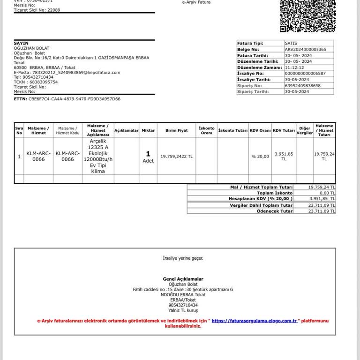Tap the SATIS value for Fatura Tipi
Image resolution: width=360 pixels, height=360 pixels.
291,43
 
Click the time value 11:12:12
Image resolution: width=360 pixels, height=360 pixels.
294,67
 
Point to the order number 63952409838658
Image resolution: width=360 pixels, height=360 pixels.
303,86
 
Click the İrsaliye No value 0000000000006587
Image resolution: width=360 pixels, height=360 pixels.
305,74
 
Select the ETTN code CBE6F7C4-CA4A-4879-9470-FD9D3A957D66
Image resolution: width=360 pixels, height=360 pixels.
74,99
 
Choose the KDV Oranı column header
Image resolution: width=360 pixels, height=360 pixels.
260,130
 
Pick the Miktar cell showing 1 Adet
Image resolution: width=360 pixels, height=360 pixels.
148,157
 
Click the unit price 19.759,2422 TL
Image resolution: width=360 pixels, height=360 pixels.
176,157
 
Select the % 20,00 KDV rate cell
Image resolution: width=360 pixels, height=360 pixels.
260,157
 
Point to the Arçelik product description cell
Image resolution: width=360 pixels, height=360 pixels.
98,156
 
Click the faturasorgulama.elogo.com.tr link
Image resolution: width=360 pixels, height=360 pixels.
255,321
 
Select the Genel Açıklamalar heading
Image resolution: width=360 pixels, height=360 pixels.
183,279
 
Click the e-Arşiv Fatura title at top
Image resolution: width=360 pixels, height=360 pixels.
196,2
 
